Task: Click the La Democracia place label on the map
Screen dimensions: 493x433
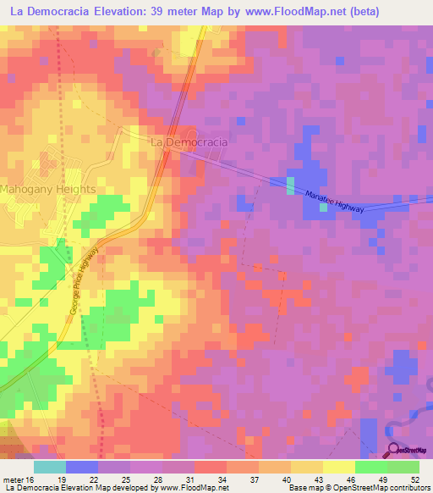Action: tap(189, 143)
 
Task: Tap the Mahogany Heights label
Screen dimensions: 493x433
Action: tap(48, 190)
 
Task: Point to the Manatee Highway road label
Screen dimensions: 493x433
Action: tap(335, 201)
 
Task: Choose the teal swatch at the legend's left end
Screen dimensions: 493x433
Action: tap(49, 467)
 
